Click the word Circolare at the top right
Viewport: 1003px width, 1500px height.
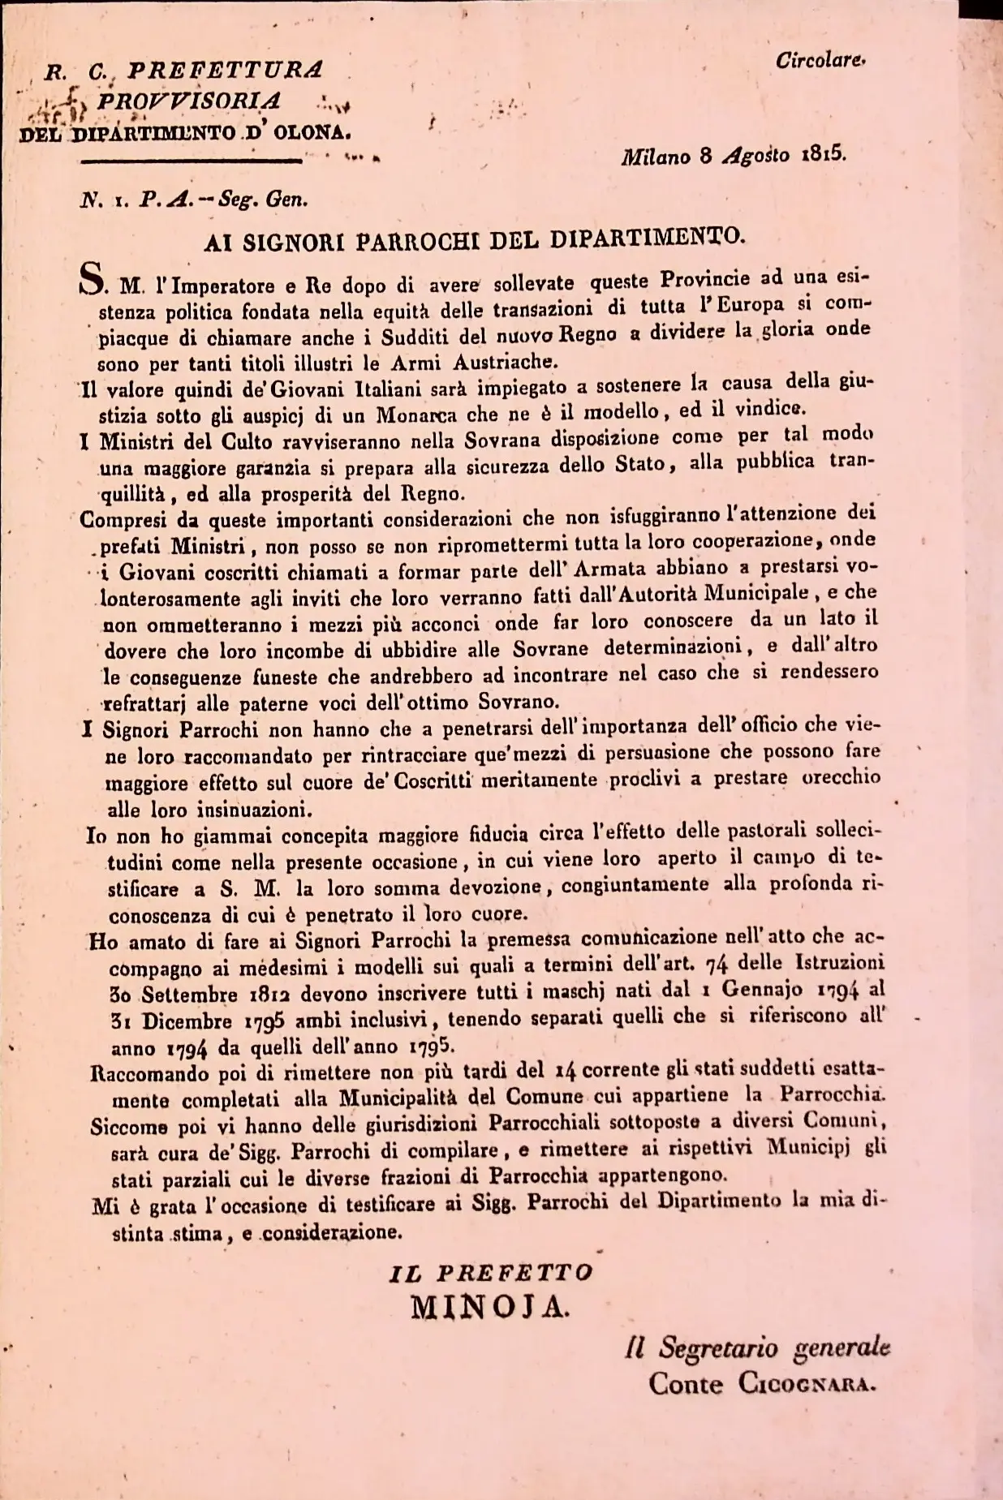820,61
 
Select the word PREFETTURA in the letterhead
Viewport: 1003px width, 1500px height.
224,71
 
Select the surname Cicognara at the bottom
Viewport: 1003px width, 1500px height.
807,1382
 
